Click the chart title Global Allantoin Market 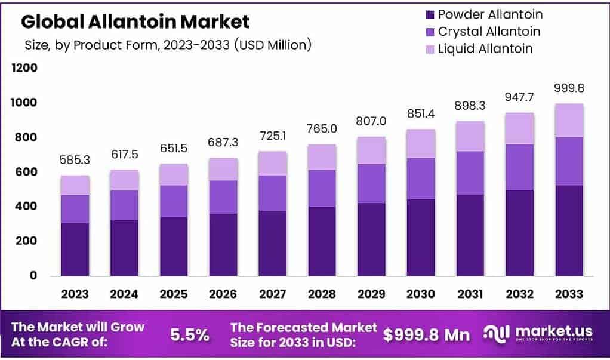135,22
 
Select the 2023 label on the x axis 75,294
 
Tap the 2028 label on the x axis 322,294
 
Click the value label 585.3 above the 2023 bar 75,161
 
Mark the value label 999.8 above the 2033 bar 568,88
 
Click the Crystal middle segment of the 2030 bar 420,179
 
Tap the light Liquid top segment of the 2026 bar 223,170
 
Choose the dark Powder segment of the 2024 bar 124,248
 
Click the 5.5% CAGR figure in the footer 190,335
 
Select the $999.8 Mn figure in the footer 426,335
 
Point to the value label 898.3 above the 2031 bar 470,106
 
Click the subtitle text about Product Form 168,45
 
